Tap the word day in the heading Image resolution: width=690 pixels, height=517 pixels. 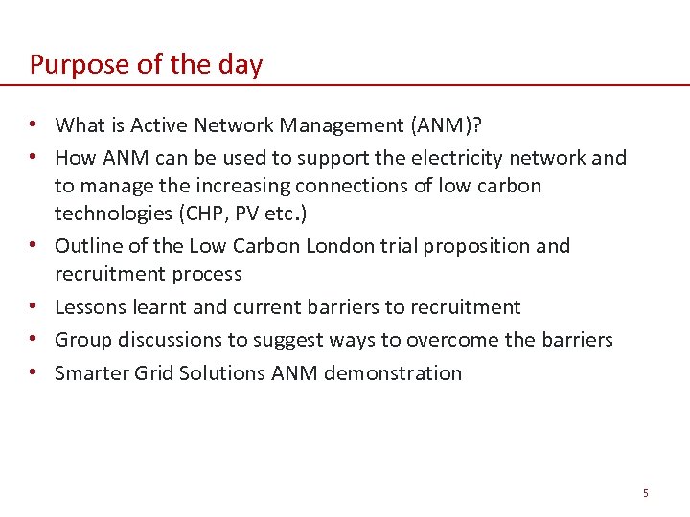[241, 65]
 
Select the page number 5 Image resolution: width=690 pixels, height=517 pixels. [646, 493]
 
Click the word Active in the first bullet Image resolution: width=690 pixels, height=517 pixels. [158, 124]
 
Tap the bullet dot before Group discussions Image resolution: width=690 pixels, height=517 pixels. [34, 340]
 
